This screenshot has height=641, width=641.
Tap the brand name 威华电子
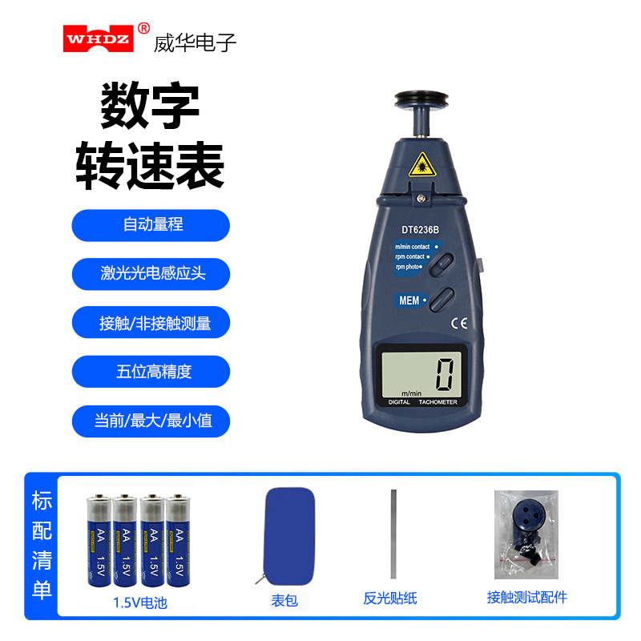point(195,42)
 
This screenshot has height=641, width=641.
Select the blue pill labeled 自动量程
point(151,225)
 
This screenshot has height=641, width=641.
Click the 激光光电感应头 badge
point(151,274)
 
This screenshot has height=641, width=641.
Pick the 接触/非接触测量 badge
point(151,323)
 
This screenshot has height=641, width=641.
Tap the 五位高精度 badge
point(151,372)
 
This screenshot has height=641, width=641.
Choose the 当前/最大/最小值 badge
point(151,421)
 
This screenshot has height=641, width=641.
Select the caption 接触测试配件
point(526,598)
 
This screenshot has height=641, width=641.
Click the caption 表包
point(284,599)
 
